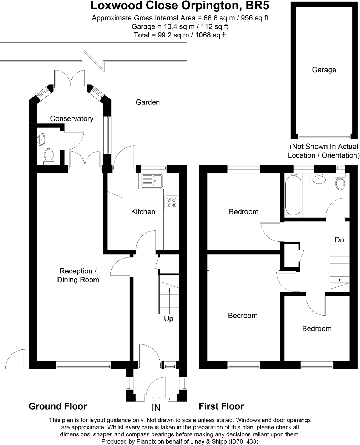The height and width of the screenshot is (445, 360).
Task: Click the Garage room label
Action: (324, 70)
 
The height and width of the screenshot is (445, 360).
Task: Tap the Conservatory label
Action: (72, 119)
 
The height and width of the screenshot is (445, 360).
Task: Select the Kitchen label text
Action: (143, 212)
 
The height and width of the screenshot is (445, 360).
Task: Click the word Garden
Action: (148, 102)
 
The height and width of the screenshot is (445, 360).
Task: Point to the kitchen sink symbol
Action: (152, 181)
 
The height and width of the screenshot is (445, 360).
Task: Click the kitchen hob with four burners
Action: (172, 203)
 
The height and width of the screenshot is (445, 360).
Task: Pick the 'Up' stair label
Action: (169, 319)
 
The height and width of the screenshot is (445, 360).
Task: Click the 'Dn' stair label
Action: (339, 240)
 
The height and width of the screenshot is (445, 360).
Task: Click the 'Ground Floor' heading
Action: (58, 406)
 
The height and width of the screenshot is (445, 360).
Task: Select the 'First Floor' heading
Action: (221, 406)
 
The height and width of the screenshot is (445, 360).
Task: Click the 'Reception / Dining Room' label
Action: (78, 276)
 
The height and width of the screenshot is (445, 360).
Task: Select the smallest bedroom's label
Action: (317, 329)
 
